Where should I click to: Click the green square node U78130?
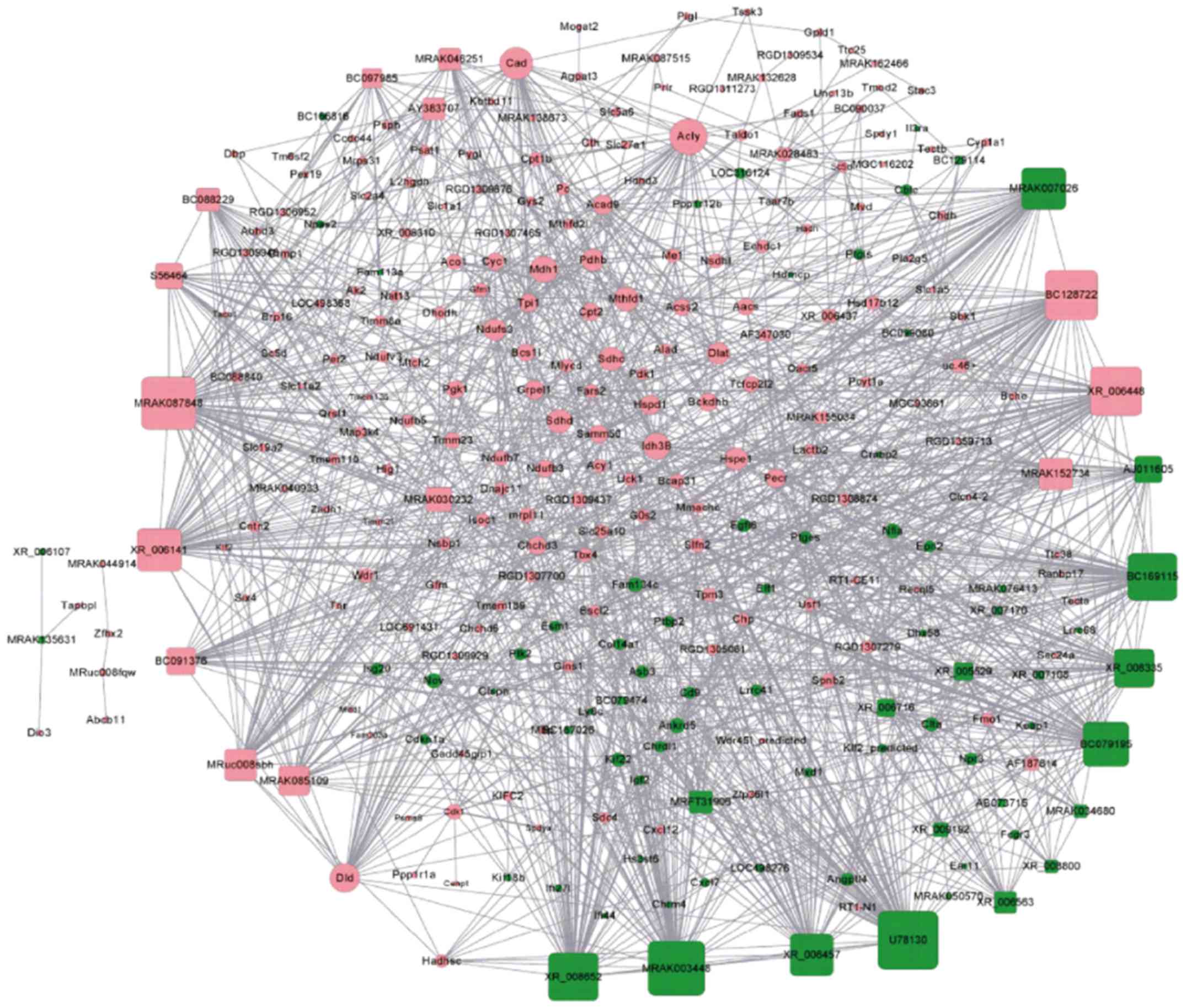[907, 940]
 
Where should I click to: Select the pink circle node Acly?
[688, 137]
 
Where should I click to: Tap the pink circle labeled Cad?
[516, 63]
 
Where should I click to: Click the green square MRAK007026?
[1043, 189]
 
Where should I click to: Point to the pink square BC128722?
[1071, 295]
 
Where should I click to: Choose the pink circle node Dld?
[344, 877]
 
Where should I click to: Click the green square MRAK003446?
[676, 968]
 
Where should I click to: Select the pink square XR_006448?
[1115, 391]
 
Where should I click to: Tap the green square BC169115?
[1152, 577]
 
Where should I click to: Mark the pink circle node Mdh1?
[543, 269]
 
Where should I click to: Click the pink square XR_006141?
[159, 550]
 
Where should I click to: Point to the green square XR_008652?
[573, 977]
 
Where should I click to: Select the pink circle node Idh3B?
[656, 445]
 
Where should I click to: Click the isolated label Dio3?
[39, 732]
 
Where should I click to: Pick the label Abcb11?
[106, 719]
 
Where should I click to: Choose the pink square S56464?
[169, 276]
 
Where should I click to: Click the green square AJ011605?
[1148, 469]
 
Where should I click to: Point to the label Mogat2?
[579, 26]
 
